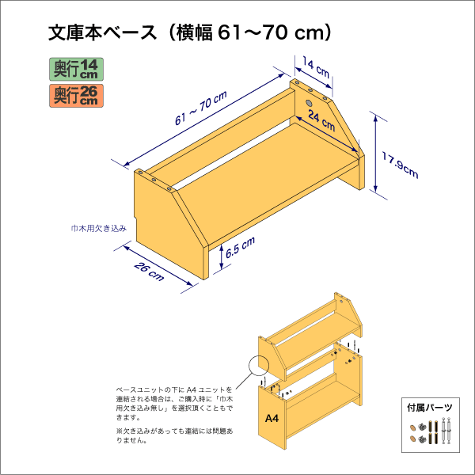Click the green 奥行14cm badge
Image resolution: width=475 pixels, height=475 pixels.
point(76,70)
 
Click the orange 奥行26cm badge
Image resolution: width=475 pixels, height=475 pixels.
point(76,96)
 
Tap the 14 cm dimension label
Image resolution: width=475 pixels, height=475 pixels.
point(316,68)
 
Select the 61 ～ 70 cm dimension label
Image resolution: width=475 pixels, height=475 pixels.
point(201,108)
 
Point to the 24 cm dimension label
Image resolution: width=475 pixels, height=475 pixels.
point(321,121)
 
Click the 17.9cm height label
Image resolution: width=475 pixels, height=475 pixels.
point(400,165)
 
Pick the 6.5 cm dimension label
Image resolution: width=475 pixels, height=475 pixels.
point(240,247)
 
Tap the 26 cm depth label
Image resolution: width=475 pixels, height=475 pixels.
point(149,271)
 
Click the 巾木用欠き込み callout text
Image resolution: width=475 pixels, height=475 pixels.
point(99,229)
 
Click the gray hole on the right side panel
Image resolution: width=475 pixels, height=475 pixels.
point(309,103)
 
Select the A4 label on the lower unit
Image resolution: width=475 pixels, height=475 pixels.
point(272,418)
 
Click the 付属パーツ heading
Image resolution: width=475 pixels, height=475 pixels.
point(430,408)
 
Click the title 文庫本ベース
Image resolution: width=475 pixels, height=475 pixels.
point(103,32)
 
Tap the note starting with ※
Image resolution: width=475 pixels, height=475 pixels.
point(174,435)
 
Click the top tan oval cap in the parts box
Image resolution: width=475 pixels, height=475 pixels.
point(412,428)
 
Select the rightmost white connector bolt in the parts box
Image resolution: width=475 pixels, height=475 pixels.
point(449,431)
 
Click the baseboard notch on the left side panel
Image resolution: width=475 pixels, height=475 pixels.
point(135,220)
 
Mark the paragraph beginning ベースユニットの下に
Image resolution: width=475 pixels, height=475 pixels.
point(174,404)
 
